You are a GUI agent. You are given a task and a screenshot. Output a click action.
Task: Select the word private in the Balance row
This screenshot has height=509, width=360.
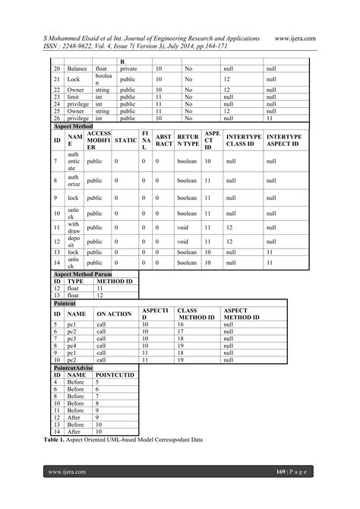128,68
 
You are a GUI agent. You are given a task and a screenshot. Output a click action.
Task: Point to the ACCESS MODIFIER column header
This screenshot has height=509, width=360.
99,141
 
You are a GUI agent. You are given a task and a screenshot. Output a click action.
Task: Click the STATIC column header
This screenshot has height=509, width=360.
126,141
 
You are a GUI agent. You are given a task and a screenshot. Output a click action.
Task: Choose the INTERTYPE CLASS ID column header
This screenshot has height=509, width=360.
243,141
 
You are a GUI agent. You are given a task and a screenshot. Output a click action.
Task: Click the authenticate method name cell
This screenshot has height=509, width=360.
73,161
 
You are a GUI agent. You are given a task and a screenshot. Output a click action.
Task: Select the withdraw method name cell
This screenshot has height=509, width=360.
73,226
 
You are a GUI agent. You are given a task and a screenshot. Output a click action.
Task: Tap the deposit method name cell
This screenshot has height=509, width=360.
73,242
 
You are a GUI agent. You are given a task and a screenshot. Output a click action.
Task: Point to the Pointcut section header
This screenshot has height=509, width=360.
65,302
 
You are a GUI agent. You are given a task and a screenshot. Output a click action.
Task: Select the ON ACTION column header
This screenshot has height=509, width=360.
114,314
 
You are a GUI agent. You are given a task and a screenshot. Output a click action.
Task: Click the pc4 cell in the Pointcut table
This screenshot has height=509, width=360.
71,345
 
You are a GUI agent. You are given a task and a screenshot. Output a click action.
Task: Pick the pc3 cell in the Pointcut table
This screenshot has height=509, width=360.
71,338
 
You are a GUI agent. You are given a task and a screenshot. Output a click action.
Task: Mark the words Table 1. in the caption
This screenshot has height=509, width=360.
66,441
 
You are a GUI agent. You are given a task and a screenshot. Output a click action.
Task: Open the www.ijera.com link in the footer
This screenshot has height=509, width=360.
67,472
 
